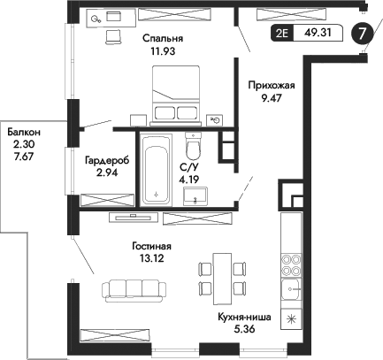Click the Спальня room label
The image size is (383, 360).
[x=162, y=39]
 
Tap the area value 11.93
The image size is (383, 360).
[x=162, y=51]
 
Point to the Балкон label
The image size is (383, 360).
[x=24, y=132]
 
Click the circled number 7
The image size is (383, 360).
[x=361, y=34]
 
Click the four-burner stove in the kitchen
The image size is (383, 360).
[x=291, y=266]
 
